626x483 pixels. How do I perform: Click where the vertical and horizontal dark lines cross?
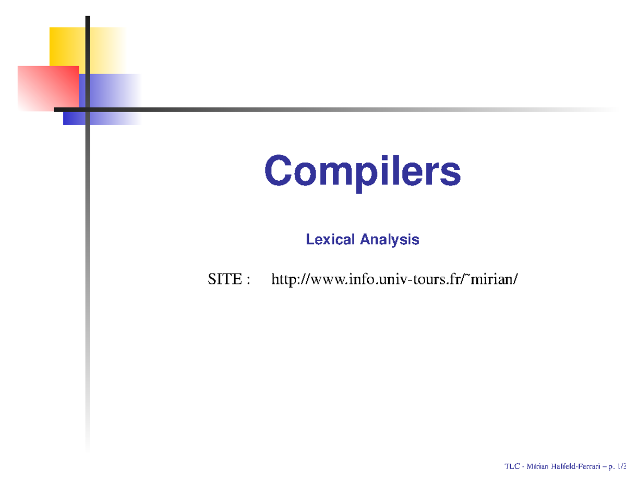(x=88, y=109)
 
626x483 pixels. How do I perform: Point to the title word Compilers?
(x=363, y=171)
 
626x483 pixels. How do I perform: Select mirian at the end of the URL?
(x=496, y=280)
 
